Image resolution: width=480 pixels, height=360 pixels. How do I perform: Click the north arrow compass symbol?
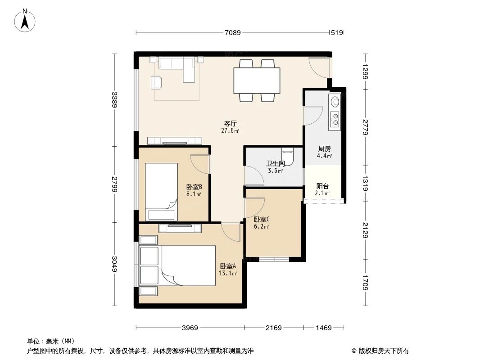coord(26,20)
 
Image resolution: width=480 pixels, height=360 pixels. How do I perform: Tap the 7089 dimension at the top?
coord(233,32)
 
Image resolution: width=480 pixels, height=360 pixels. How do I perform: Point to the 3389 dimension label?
coord(115,100)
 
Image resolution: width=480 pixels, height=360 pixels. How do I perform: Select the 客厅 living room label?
coord(231,123)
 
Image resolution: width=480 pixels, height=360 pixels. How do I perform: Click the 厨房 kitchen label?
coord(324,148)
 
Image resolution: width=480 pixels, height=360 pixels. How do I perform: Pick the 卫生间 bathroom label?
coord(275,163)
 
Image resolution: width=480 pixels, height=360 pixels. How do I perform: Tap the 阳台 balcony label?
coord(322,186)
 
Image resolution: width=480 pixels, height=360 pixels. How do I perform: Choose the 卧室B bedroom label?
coord(194,187)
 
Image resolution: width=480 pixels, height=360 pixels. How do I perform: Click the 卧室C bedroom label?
coord(262,219)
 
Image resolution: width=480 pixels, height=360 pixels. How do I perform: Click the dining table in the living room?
coord(257,81)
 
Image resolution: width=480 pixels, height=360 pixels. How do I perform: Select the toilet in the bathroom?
coord(288,155)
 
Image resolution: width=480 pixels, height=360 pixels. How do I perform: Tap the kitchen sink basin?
coord(335,101)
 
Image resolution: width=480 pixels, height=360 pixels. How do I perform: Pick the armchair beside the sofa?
coord(156,82)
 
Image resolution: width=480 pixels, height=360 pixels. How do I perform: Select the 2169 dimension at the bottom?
coord(273,328)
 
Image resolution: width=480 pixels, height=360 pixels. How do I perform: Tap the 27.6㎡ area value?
coord(230,131)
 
